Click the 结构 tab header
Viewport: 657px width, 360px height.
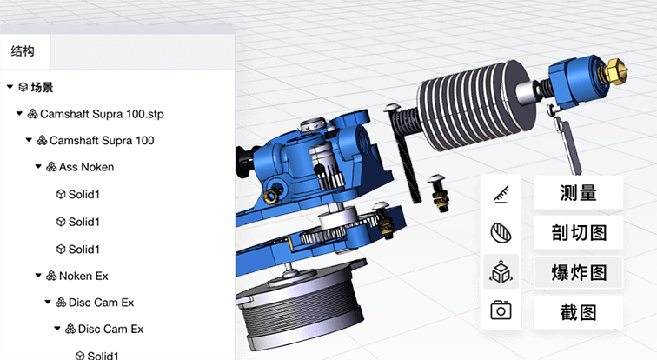pos(23,51)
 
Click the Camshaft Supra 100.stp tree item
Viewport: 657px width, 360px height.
pos(101,114)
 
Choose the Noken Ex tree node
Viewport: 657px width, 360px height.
pos(83,276)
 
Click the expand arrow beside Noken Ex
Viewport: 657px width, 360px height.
pos(38,276)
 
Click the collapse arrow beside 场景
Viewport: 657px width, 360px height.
pos(10,87)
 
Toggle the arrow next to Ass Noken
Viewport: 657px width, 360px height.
pos(38,167)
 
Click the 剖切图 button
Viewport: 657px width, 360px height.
pos(579,232)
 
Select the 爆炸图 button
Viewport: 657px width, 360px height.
pos(579,272)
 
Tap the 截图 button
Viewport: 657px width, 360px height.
pos(579,311)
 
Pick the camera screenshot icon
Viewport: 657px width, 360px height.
pos(501,311)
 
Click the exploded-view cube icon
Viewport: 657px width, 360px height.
pos(501,272)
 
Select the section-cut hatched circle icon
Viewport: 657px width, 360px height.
pos(501,233)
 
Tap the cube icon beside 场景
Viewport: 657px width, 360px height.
pos(23,87)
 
